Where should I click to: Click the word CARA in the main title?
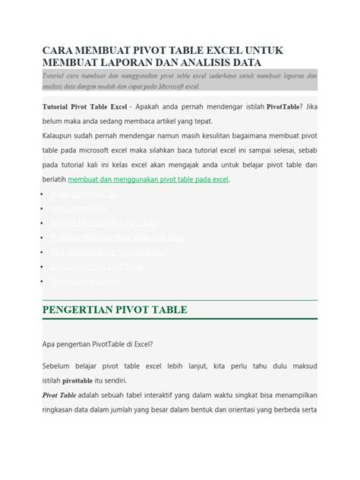tap(60, 49)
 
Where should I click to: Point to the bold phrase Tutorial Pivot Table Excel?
tap(84, 107)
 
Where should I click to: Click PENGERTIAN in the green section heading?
tap(84, 310)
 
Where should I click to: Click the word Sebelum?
tap(57, 365)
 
